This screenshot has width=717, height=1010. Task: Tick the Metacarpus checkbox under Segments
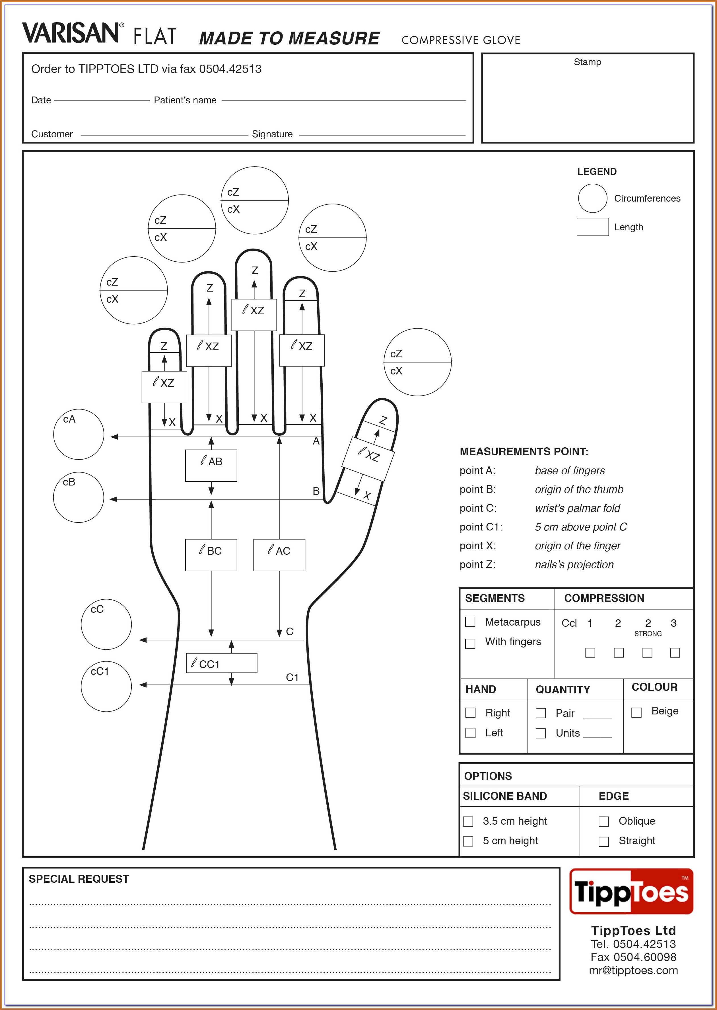coord(470,622)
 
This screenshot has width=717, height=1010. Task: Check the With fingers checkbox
coord(470,643)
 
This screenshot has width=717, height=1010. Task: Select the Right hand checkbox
coord(471,713)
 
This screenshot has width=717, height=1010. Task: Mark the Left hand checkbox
coord(471,733)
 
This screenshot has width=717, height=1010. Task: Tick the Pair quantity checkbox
coord(541,713)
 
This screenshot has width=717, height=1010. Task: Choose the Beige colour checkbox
coord(636,713)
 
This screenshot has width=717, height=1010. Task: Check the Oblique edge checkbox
coord(603,821)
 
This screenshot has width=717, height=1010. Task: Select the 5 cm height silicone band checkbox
coord(468,841)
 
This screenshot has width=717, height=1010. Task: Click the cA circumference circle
coord(79,434)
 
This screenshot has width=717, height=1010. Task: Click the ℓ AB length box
coord(211,465)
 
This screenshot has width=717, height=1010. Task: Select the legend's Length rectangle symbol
coord(592,227)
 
